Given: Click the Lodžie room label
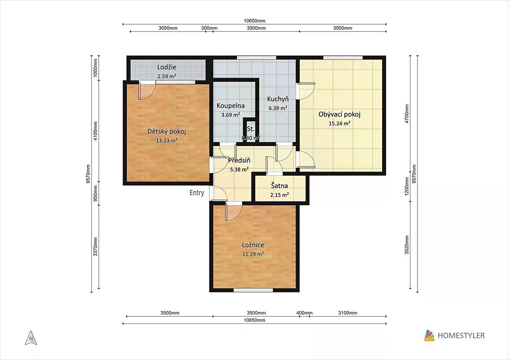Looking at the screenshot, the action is pyautogui.click(x=167, y=67).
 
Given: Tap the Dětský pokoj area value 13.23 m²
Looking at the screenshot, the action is pyautogui.click(x=167, y=141).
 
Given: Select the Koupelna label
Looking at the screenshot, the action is pyautogui.click(x=231, y=106).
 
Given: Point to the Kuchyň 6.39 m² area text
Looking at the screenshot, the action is pyautogui.click(x=278, y=108).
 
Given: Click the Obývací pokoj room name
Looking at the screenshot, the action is pyautogui.click(x=339, y=114).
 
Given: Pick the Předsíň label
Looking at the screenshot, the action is pyautogui.click(x=239, y=160).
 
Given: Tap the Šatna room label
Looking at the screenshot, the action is pyautogui.click(x=279, y=186).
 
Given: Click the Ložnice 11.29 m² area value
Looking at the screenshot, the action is pyautogui.click(x=253, y=254).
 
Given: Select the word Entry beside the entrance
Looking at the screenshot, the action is pyautogui.click(x=197, y=193).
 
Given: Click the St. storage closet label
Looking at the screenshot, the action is pyautogui.click(x=251, y=129).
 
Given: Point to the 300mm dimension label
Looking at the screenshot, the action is pyautogui.click(x=209, y=28).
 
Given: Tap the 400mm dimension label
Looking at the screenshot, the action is pyautogui.click(x=304, y=313).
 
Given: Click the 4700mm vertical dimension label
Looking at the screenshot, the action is pyautogui.click(x=407, y=114).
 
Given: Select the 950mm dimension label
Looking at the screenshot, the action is pyautogui.click(x=95, y=194).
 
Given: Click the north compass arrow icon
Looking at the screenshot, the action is pyautogui.click(x=31, y=338).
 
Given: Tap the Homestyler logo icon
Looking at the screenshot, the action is pyautogui.click(x=429, y=335).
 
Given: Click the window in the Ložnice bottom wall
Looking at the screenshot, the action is pyautogui.click(x=253, y=290).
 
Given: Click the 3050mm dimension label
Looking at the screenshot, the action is pyautogui.click(x=168, y=28).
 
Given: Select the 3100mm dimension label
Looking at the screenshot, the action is pyautogui.click(x=348, y=313).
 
